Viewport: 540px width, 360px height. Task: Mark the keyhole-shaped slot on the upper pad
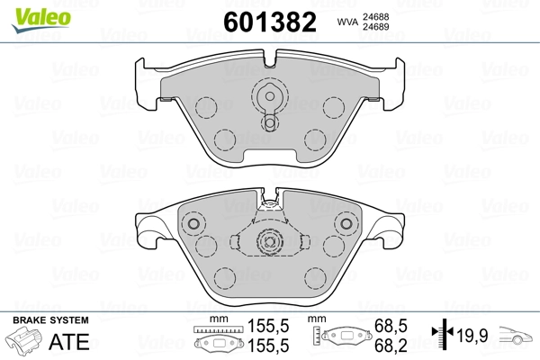pos(269,105)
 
